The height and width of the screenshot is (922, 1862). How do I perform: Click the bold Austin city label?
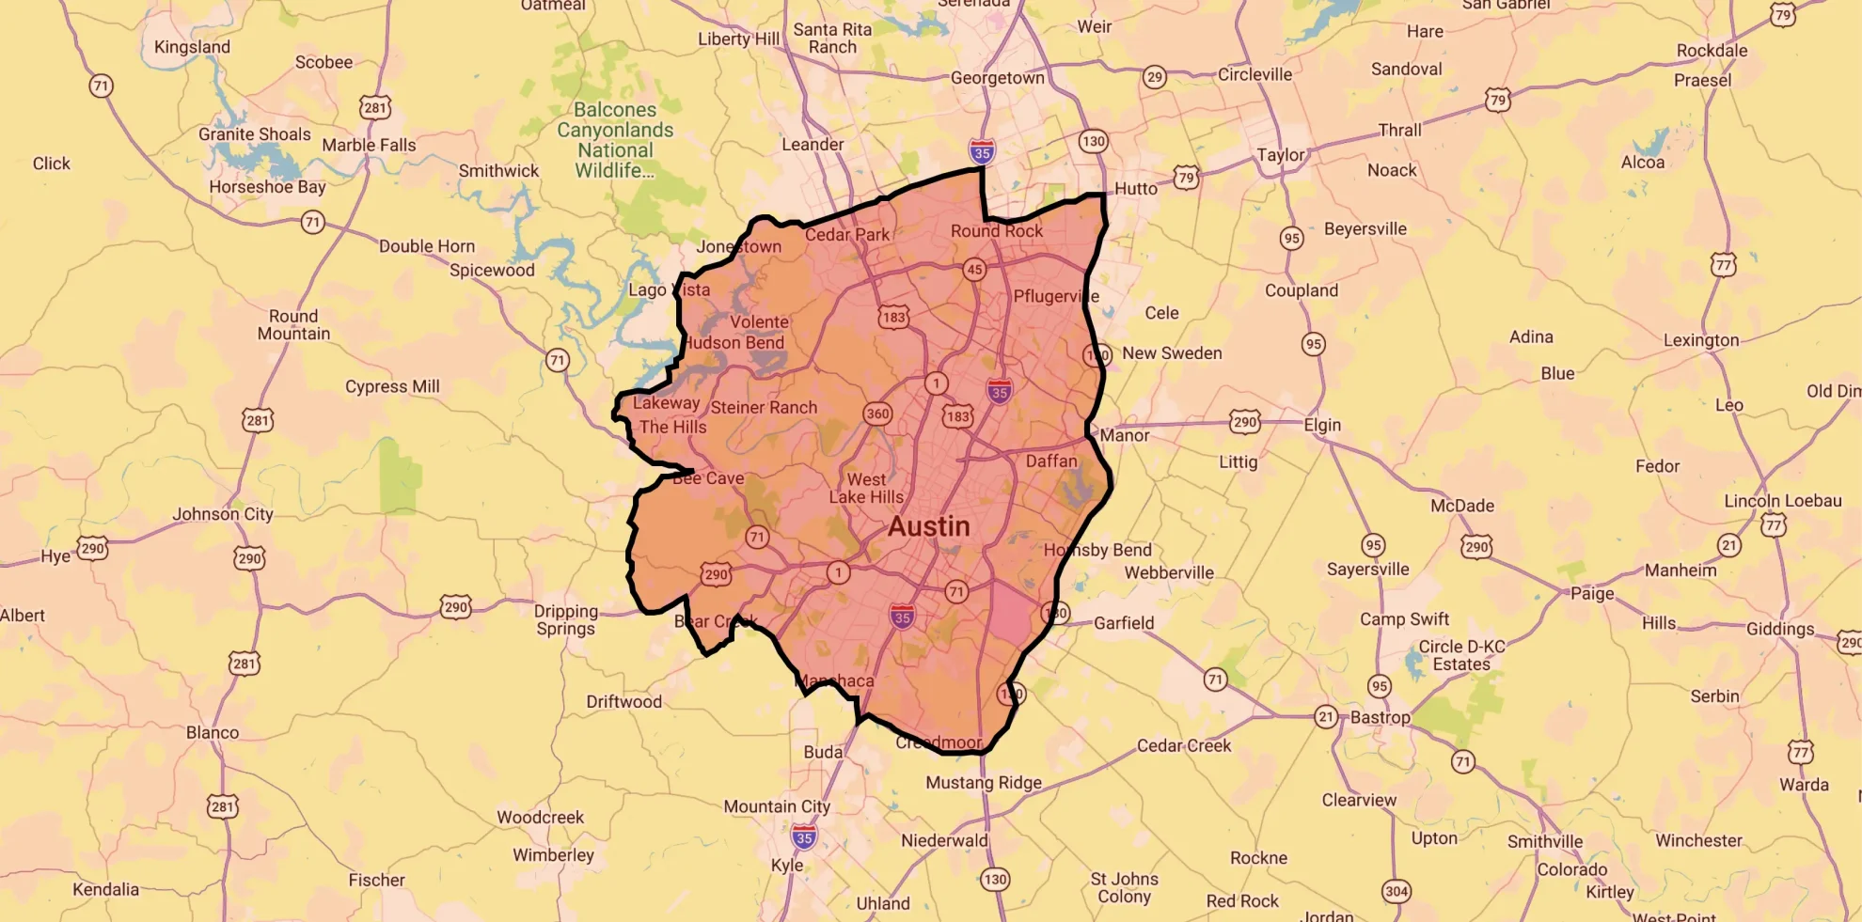928,526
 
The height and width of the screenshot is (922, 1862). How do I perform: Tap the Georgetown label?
997,78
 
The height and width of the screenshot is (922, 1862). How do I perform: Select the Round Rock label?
996,231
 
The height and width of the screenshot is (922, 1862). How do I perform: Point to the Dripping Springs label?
565,619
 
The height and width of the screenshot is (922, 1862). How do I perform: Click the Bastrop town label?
1380,717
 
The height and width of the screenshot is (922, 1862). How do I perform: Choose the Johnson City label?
222,514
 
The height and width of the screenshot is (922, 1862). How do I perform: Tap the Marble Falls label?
369,145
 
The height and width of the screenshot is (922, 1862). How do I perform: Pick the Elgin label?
1321,425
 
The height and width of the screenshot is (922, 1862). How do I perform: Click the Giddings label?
1779,629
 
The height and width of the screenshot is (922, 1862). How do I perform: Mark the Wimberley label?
553,855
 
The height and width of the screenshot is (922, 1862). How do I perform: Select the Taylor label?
1280,155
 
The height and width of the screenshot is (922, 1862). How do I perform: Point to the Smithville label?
1544,841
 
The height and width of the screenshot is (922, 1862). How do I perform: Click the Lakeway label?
666,403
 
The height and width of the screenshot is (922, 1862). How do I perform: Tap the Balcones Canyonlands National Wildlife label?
615,140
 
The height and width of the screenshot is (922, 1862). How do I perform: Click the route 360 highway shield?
877,414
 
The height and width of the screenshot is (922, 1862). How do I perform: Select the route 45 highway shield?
974,270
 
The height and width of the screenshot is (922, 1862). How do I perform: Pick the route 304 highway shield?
1396,891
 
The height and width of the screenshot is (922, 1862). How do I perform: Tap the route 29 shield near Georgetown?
1154,77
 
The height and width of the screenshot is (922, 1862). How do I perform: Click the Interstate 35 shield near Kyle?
803,837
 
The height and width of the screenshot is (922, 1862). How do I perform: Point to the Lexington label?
1700,340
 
